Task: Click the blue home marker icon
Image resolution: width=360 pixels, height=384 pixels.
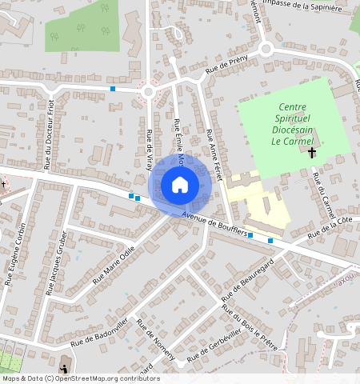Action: (180, 186)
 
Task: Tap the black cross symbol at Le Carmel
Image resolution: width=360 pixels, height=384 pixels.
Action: (312, 151)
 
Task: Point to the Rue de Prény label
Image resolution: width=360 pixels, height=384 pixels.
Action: (228, 66)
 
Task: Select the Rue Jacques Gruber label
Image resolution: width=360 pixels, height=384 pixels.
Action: (57, 262)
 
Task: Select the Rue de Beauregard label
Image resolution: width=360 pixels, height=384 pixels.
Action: (256, 276)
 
